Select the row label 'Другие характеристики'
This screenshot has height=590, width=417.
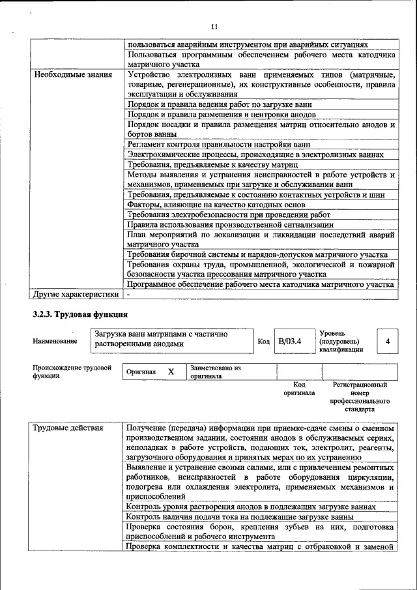click(76, 294)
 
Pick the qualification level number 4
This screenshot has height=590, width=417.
click(388, 341)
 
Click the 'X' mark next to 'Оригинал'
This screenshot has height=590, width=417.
click(171, 372)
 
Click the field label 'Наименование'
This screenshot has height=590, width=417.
click(55, 341)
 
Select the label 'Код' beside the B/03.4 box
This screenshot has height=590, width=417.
click(263, 341)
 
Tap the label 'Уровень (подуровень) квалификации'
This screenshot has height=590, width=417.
click(343, 341)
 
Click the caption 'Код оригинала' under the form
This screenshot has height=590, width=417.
click(298, 389)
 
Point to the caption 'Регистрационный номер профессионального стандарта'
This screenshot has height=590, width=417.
click(360, 398)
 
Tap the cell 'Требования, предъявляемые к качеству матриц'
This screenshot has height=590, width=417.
click(208, 165)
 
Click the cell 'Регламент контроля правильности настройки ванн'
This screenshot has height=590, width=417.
click(218, 144)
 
